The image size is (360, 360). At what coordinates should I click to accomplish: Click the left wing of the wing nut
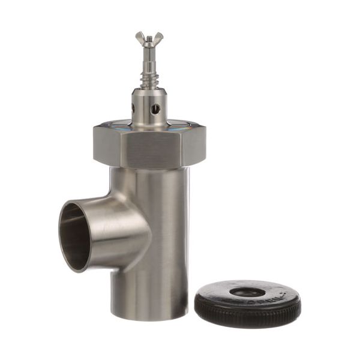click(139, 37)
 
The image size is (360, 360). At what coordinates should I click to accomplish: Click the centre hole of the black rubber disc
click(247, 292)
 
